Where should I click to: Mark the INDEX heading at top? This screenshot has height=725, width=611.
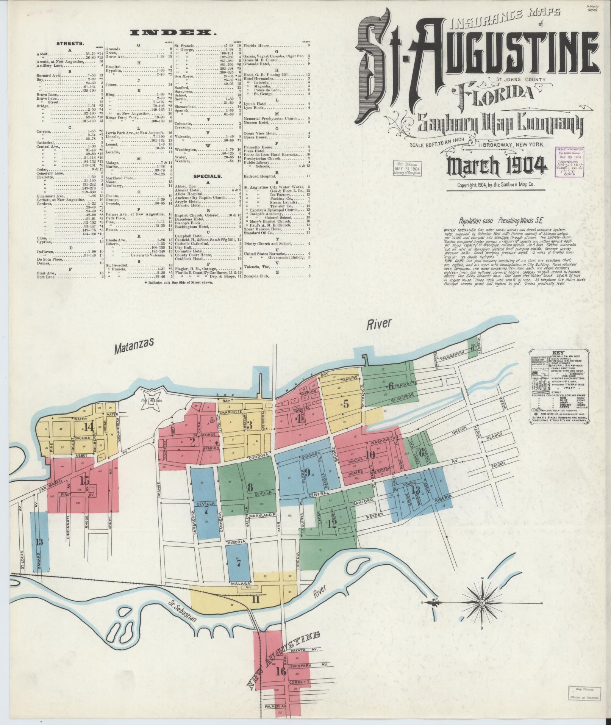pyautogui.click(x=173, y=33)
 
